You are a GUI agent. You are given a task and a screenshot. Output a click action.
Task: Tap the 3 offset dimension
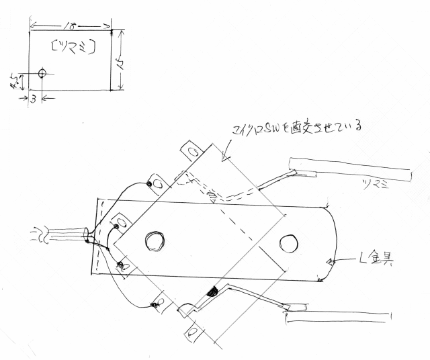click(33, 99)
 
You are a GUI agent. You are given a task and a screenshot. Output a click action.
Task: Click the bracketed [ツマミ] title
click(73, 46)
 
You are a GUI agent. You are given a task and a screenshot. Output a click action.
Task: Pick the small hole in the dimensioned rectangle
click(42, 73)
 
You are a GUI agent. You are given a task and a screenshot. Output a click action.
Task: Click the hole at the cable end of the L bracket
click(154, 240)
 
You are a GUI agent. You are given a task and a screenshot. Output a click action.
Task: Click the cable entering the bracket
click(64, 236)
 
